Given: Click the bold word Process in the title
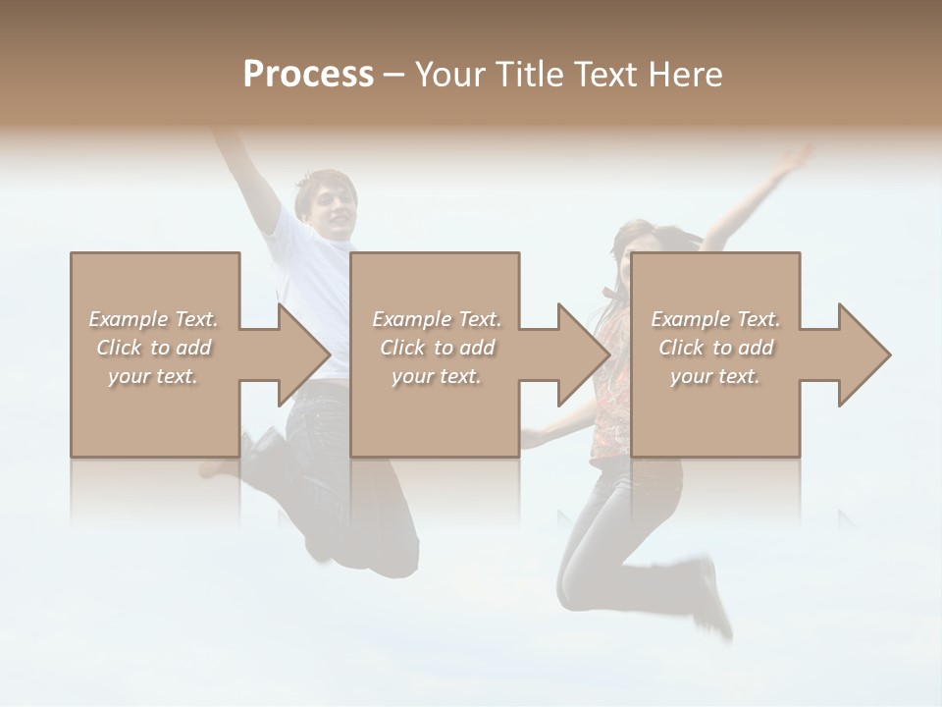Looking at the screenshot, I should [x=308, y=75].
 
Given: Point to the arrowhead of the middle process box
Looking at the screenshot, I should [x=582, y=354].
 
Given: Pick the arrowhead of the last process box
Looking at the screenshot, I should [x=863, y=354].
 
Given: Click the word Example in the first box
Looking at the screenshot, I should [x=129, y=319].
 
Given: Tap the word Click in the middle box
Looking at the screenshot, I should [x=400, y=348].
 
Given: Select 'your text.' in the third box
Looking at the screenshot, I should [x=715, y=376].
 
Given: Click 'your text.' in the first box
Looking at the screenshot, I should [x=153, y=376].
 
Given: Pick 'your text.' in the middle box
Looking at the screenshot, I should [x=436, y=376].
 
